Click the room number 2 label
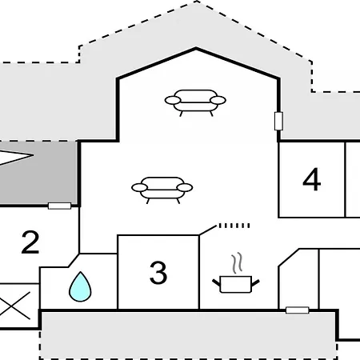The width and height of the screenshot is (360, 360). coord(30,242)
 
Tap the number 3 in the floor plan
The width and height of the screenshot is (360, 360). coord(158,273)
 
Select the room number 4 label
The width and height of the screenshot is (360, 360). coord(312,179)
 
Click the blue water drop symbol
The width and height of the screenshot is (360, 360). coord(80,286)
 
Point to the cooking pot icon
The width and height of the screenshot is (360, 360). coord(236,285)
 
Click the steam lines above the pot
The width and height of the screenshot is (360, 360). coord(237,263)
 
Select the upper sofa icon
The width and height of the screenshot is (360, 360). coord(195,103)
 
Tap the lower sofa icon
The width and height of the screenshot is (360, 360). coord(162,190)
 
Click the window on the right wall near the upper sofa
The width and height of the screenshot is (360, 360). coord(278,121)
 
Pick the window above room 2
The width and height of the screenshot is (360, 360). coord(59,206)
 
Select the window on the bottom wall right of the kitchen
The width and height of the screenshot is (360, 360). coord(298,310)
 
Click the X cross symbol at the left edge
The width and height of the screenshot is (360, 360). coord(15,306)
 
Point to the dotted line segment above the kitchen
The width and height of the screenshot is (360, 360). coord(234,226)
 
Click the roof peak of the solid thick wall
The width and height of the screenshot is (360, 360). coord(195,49)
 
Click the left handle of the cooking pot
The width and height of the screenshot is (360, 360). coord(216,282)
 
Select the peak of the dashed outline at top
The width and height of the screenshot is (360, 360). coord(197,1)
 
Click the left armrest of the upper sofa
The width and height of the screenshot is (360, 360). coord(173,100)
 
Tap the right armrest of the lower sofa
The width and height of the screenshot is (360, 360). coord(185,187)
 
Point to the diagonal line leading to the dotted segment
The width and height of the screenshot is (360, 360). coord(208,230)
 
